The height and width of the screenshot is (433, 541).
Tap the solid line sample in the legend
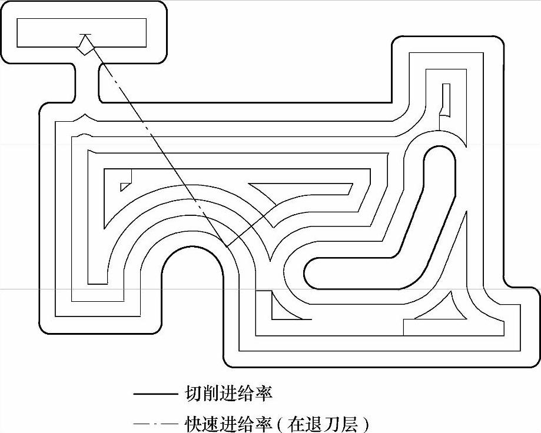click(155, 393)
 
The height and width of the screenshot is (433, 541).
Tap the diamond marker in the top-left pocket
click(86, 45)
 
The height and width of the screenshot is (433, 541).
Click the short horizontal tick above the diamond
click(86, 34)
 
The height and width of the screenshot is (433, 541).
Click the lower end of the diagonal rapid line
click(227, 247)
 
